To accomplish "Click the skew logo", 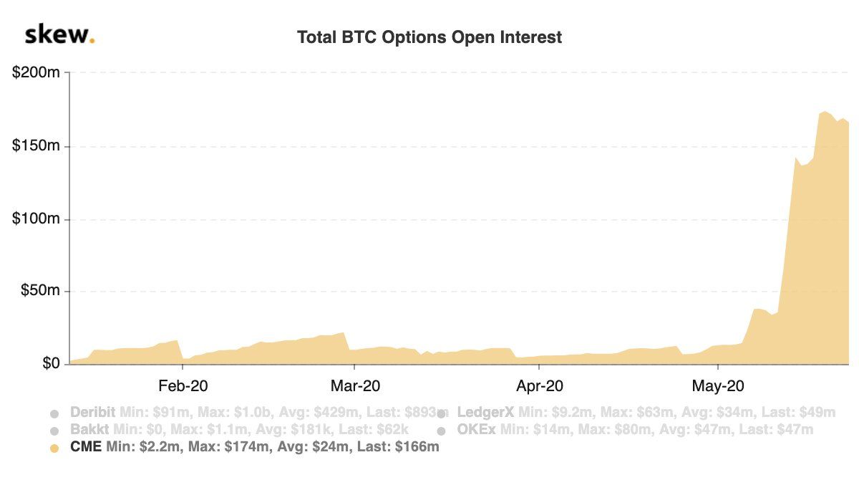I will click(59, 35).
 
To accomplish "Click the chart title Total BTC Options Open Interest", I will click(429, 37).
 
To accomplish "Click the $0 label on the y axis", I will click(50, 365).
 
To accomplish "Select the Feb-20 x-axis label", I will click(183, 385).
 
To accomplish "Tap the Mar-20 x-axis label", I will click(356, 385).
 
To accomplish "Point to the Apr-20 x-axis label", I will click(539, 385).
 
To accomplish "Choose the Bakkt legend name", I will click(87, 430).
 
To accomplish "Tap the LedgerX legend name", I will click(485, 413).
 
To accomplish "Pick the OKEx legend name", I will click(477, 430).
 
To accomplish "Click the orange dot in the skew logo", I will click(92, 42).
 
